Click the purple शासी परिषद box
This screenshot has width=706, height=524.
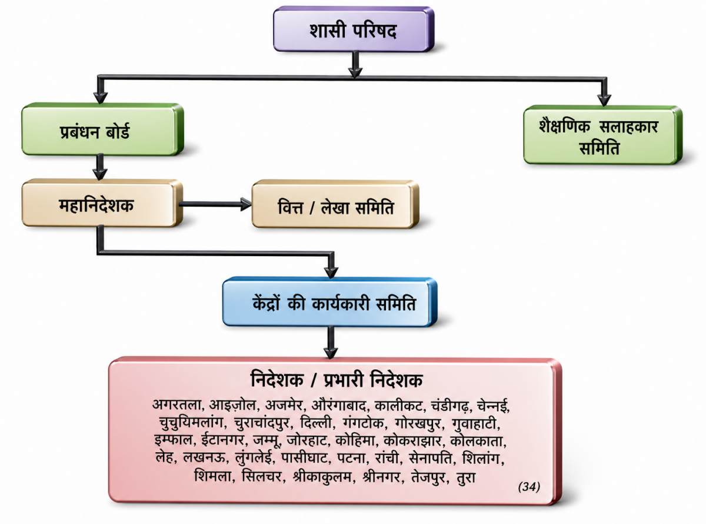point(354,29)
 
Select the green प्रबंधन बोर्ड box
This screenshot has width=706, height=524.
point(102,130)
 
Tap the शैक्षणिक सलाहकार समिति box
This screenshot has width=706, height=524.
point(602,135)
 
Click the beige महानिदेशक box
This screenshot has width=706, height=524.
point(102,203)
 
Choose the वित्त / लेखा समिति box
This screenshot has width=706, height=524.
point(335,204)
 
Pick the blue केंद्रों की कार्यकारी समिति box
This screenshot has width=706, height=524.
point(330,302)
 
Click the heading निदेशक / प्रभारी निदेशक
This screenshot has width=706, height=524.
point(337,380)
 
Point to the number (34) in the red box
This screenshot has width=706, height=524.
point(529,487)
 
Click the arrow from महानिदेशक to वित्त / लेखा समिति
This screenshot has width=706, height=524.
point(215,204)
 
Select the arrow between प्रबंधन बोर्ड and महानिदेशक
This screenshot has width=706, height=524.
point(100,167)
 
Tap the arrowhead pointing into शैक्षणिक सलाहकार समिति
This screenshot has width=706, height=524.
point(604,100)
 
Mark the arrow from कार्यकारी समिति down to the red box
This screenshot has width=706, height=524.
point(331,343)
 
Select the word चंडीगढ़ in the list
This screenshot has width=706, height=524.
point(449,406)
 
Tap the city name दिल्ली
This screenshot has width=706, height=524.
point(315,423)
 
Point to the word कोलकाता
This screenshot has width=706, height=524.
point(477,441)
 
